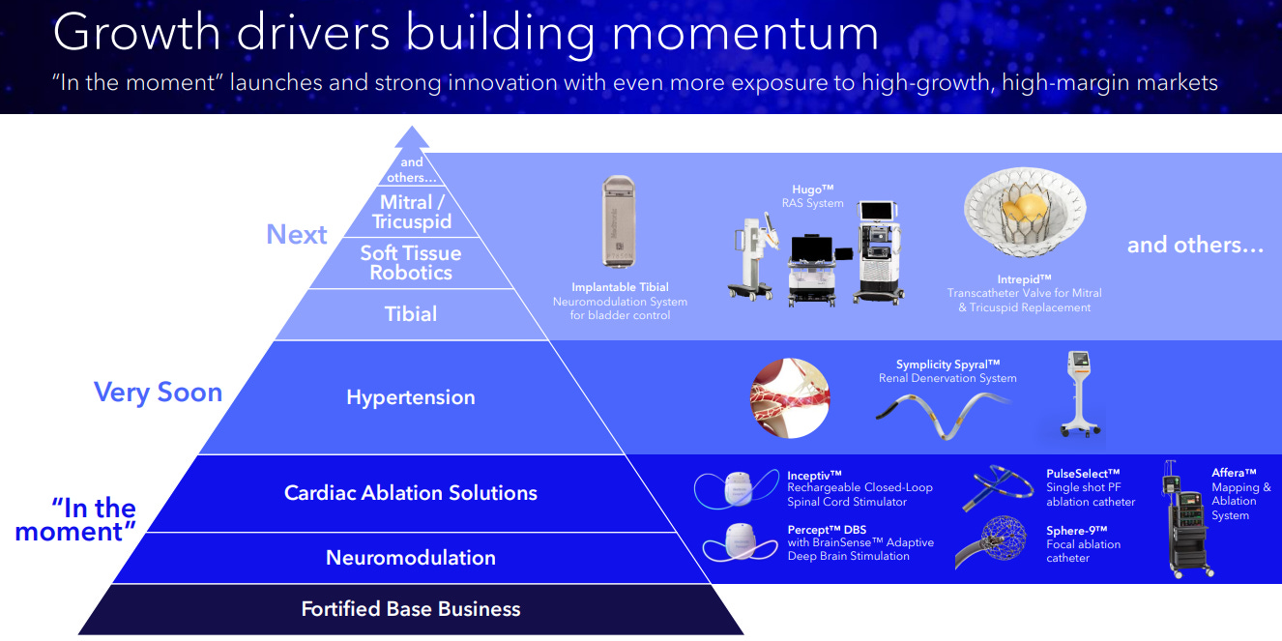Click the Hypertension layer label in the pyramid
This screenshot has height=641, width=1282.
(x=411, y=397)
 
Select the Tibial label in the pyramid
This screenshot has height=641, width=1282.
(x=411, y=314)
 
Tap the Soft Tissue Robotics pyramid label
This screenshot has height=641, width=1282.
(x=411, y=263)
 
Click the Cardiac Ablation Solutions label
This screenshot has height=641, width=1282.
(x=411, y=493)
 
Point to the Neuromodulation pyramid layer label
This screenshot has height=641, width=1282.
(x=411, y=558)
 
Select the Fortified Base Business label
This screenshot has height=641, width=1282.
(x=411, y=609)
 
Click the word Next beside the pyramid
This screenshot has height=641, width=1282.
(x=297, y=235)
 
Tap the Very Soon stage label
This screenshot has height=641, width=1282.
(x=158, y=393)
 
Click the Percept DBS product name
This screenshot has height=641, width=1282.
(x=827, y=530)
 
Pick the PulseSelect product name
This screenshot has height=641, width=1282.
(x=1083, y=474)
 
